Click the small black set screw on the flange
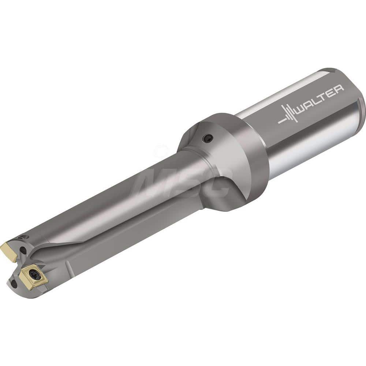click(x=207, y=138)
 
